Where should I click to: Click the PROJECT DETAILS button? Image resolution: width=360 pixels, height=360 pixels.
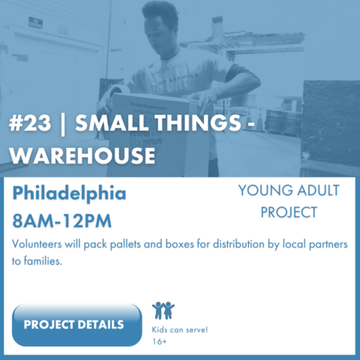tap(76, 325)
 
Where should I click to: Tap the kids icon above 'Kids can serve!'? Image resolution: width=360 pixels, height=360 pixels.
tap(163, 310)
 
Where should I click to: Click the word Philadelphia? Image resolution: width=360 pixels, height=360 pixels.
tap(70, 194)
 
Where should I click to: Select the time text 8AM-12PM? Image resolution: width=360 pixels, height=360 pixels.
tap(62, 221)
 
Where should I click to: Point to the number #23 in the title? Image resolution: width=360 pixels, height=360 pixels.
tap(30, 123)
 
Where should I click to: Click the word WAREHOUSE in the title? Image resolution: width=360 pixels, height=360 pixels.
tap(82, 155)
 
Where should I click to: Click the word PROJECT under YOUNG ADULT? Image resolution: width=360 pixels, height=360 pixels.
tap(289, 212)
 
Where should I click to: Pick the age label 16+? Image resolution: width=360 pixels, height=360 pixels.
tap(159, 341)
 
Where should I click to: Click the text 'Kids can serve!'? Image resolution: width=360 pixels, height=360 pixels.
tap(180, 330)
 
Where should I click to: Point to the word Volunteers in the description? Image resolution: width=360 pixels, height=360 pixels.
tap(37, 244)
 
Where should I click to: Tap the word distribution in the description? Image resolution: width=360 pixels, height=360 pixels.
tap(238, 244)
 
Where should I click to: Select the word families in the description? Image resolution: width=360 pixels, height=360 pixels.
tap(43, 261)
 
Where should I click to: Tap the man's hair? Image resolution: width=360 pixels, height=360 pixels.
tap(159, 12)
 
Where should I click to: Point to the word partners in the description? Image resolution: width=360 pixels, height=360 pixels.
tap(328, 244)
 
